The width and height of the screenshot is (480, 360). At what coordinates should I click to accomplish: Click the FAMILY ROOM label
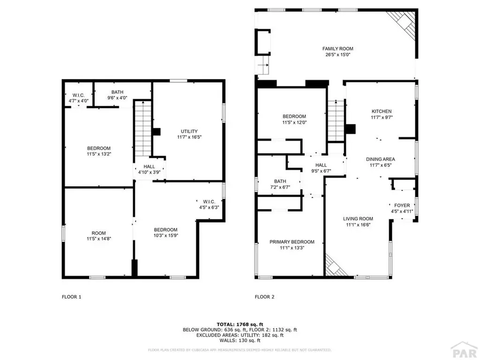tap(337, 49)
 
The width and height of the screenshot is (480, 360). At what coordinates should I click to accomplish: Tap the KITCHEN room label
tap(381, 112)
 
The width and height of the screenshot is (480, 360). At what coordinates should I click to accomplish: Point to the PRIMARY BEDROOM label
tap(292, 242)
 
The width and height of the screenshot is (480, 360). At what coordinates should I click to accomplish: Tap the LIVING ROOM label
tap(358, 218)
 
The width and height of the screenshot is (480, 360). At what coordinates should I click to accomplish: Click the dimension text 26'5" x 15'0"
tap(337, 55)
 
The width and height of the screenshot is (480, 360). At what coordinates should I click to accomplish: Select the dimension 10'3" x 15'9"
tap(166, 235)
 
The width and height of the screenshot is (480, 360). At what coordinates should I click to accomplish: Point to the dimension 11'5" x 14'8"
tap(98, 239)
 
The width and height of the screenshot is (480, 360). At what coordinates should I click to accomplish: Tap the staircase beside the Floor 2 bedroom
tap(336, 120)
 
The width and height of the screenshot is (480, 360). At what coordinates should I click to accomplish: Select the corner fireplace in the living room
tap(335, 267)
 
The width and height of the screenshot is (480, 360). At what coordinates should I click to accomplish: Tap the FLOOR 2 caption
tap(265, 297)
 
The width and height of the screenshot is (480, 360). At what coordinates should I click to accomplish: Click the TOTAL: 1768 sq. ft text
tap(240, 324)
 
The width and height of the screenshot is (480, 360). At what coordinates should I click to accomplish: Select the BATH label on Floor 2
tap(280, 181)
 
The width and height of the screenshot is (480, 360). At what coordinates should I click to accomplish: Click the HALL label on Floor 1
tap(149, 166)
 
